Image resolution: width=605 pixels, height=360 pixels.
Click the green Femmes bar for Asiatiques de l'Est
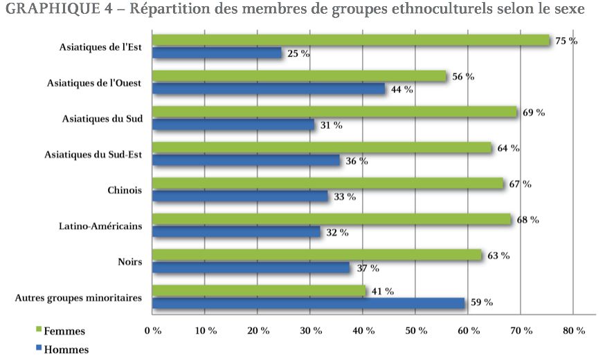pos(350,40)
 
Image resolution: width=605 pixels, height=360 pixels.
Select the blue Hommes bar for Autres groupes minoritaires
pos(308,303)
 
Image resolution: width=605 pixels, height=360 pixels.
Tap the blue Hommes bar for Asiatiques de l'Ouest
pos(269,89)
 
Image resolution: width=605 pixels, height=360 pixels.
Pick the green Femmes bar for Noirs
pos(316,255)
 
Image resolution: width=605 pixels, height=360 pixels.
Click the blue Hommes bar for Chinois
pos(240,196)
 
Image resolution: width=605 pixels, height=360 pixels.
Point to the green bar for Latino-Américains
pos(332,219)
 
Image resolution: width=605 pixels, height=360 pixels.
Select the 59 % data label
pos(481,303)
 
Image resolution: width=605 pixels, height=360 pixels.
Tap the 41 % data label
pos(382,291)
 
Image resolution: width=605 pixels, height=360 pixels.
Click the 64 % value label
pos(508,148)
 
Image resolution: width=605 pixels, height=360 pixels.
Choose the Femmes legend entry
pos(64,331)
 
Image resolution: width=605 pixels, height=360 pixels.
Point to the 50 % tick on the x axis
pos(415,330)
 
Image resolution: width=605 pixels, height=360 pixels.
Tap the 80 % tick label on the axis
pos(572,330)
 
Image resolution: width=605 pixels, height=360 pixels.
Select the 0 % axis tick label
pos(152,330)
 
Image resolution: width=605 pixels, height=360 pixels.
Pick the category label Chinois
pos(125,190)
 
